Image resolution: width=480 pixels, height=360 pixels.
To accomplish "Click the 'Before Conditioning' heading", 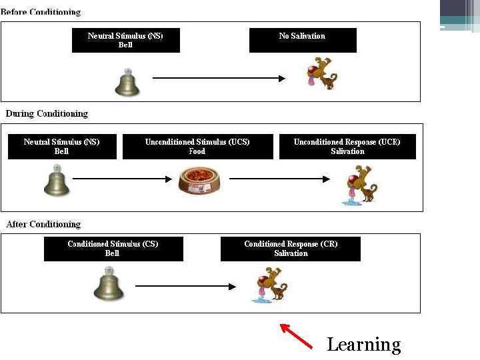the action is [41, 12].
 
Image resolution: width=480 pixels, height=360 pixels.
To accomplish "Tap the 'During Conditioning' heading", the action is [47, 113].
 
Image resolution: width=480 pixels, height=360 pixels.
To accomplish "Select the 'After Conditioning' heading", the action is [43, 224].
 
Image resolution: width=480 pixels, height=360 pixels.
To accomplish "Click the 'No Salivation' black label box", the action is [303, 40].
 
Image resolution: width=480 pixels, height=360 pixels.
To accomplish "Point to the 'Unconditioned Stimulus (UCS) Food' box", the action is [197, 147].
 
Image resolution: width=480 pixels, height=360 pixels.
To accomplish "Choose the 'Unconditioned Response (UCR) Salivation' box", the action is [347, 147].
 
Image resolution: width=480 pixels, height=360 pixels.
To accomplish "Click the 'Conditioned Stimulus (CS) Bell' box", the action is [113, 249].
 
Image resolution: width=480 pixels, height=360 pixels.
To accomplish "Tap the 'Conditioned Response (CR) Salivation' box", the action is [291, 249].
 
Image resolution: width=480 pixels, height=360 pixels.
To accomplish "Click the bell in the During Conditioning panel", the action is [57, 181].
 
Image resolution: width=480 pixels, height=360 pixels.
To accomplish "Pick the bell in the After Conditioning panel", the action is [108, 285].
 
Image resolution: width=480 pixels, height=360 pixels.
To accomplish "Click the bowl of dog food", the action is [199, 181].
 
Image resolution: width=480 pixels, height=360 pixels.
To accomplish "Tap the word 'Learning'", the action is [363, 344].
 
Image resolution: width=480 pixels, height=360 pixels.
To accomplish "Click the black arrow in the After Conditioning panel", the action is [185, 287].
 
